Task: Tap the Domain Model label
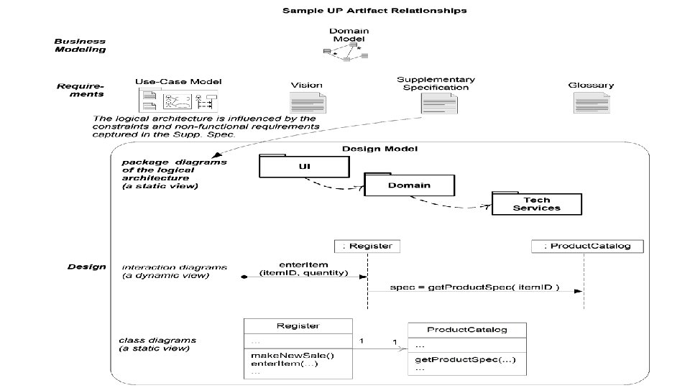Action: click(x=349, y=35)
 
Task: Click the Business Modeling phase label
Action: click(x=80, y=45)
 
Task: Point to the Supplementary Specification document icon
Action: click(x=436, y=105)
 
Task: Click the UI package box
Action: click(x=305, y=168)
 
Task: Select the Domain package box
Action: click(x=409, y=185)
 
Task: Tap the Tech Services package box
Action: click(x=536, y=204)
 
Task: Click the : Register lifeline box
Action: click(x=367, y=246)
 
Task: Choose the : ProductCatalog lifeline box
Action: click(x=587, y=246)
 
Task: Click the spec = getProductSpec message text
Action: click(x=474, y=288)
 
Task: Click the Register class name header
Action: click(x=298, y=325)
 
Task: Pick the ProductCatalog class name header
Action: click(x=466, y=330)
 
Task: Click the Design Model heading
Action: click(x=379, y=149)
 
